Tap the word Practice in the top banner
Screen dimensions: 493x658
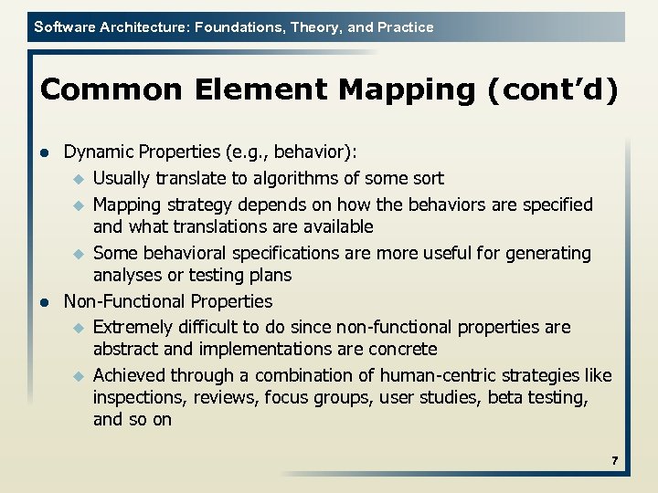404,27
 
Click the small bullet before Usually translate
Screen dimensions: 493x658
79,179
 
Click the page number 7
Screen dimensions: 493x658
615,462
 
